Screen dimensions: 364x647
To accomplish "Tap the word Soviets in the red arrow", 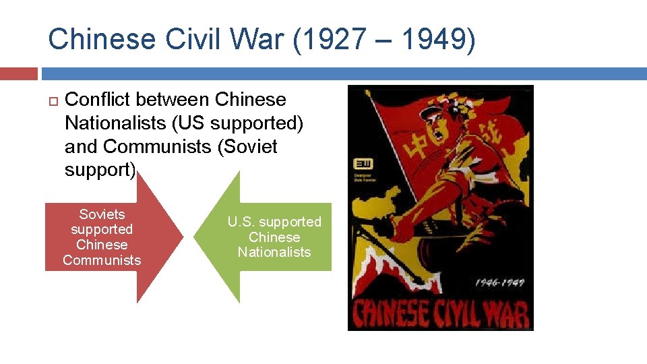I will click(x=102, y=214).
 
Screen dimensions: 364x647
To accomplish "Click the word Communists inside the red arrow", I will click(x=102, y=260).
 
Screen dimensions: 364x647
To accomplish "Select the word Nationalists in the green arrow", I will click(x=274, y=252).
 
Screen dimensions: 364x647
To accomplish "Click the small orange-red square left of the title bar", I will click(x=19, y=73).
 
